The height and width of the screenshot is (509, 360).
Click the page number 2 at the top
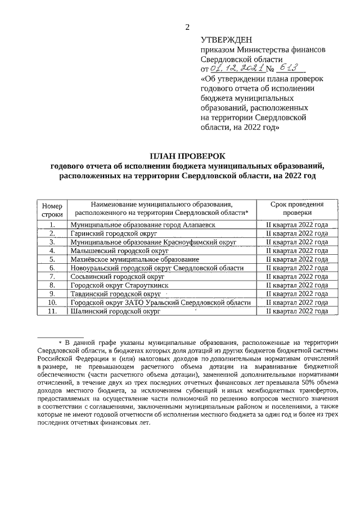pyautogui.click(x=188, y=26)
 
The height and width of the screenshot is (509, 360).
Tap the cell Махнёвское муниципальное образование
pyautogui.click(x=135, y=259)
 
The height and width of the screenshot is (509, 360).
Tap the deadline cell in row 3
pyautogui.click(x=296, y=242)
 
